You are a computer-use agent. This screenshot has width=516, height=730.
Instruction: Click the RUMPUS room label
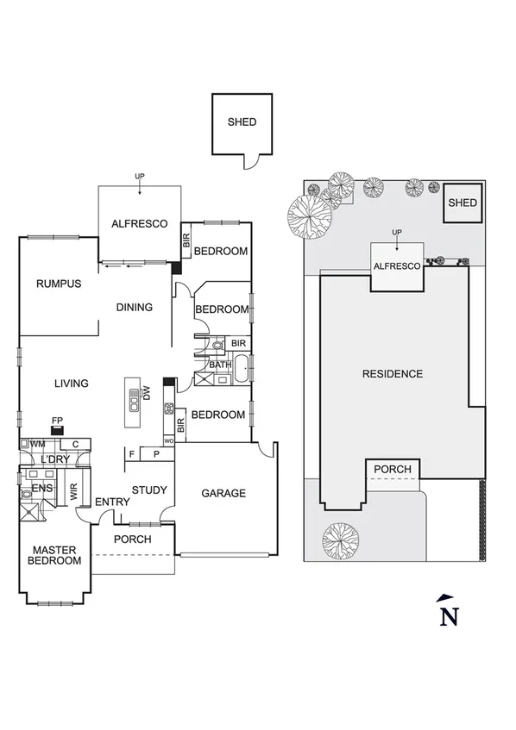(59, 284)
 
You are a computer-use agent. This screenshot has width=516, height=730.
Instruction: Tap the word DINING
(134, 307)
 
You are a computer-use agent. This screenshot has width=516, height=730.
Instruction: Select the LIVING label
(71, 384)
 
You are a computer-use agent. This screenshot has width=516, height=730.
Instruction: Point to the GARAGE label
(223, 493)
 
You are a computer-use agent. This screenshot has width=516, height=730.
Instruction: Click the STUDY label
(149, 490)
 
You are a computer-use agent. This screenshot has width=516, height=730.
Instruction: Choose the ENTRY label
(112, 502)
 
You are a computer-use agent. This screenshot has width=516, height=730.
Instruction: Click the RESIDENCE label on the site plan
(393, 374)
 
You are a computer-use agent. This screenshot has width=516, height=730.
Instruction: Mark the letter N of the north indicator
(448, 616)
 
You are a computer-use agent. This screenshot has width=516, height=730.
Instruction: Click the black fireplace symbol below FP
(57, 431)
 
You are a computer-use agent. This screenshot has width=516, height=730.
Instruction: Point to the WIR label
(73, 493)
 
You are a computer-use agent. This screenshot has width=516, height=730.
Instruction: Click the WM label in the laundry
(38, 444)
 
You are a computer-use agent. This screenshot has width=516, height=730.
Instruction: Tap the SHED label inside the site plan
(463, 203)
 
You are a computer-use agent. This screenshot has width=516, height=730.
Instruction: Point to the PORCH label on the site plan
(393, 470)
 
